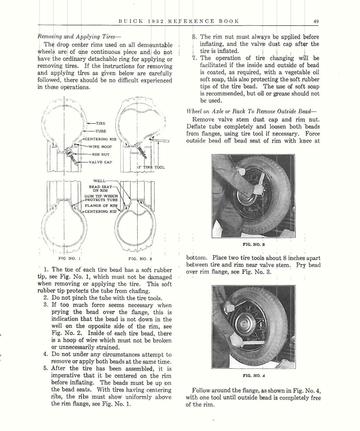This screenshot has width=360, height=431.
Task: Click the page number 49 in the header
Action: click(316, 21)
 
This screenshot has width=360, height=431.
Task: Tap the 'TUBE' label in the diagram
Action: click(101, 131)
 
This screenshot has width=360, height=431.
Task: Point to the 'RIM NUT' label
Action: click(101, 154)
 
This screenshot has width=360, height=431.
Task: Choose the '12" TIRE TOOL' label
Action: click(150, 167)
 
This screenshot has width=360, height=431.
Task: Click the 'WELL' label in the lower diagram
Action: click(99, 181)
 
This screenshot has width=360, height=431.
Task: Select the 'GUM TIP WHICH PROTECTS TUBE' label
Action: click(101, 198)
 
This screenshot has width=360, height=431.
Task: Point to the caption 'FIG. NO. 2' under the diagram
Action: click(140, 258)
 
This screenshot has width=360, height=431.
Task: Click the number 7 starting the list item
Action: click(194, 58)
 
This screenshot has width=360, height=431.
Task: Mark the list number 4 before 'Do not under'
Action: click(45, 354)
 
